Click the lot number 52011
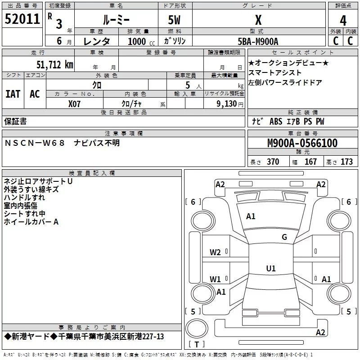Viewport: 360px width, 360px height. [x=22, y=19]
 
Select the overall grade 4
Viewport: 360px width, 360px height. [x=343, y=21]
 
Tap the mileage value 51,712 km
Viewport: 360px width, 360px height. [x=55, y=64]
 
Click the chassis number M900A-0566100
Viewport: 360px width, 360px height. [x=302, y=143]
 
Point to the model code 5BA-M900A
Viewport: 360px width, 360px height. [x=258, y=41]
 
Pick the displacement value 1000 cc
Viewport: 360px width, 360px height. [x=141, y=41]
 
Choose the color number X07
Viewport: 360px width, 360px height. [x=74, y=104]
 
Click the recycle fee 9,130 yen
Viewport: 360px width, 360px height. [x=230, y=104]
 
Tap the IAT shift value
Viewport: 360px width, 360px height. [x=13, y=94]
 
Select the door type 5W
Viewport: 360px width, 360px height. [x=174, y=20]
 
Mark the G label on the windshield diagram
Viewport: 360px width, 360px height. [x=284, y=237]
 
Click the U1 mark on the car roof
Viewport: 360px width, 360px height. [x=271, y=268]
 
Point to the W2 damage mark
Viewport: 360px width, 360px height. [x=215, y=252]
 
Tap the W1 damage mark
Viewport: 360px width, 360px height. [x=215, y=279]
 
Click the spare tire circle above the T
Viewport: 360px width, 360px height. [x=197, y=328]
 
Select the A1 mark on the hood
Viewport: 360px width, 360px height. [x=251, y=216]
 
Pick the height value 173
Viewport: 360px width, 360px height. [x=346, y=162]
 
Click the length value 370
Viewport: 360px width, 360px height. [x=273, y=162]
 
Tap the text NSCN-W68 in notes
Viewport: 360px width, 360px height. [x=35, y=143]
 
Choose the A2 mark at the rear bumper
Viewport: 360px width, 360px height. [x=320, y=332]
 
